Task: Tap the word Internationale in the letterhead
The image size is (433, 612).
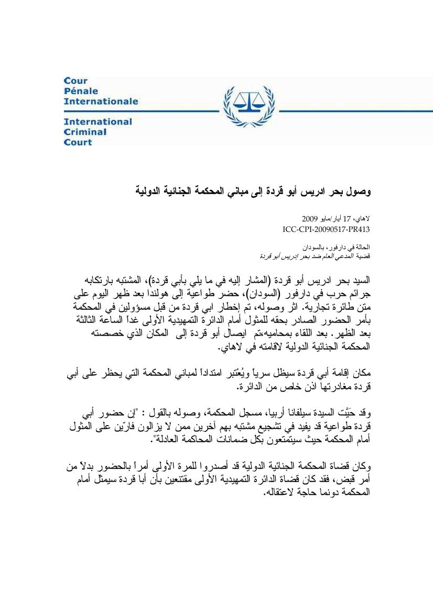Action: pyautogui.click(x=101, y=101)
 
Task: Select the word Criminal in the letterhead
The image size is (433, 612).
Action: pyautogui.click(x=85, y=132)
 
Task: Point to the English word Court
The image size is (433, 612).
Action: pyautogui.click(x=78, y=142)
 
